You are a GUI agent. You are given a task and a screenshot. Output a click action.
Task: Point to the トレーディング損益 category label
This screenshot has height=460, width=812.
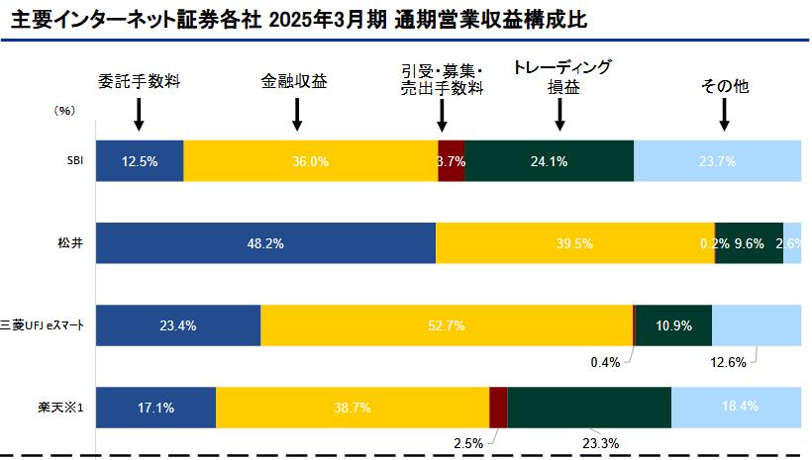(561, 77)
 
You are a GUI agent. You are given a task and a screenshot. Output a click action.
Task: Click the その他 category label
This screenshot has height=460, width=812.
(725, 86)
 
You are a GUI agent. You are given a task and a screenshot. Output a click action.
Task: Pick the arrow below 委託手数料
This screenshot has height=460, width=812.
(139, 116)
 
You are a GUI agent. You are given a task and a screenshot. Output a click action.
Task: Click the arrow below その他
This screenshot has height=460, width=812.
(725, 116)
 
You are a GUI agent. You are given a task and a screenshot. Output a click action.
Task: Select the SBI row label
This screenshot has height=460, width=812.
(75, 161)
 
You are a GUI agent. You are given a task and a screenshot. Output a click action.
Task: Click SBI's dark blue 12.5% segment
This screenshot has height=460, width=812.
(140, 161)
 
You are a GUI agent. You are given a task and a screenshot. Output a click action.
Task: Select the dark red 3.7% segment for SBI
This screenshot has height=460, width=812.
(452, 161)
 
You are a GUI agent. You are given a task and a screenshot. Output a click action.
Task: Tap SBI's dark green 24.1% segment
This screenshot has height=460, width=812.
(549, 161)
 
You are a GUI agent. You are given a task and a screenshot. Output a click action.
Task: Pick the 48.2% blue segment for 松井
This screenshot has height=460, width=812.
(265, 243)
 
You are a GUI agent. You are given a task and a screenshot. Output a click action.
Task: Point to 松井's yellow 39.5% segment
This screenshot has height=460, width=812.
(574, 243)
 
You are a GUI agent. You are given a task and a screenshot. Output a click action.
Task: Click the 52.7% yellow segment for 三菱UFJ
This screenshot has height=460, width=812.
(446, 324)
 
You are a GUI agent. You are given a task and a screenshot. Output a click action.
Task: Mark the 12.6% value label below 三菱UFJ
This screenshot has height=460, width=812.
(729, 362)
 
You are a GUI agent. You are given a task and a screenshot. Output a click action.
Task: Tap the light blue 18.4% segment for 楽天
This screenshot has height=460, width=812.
(736, 407)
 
